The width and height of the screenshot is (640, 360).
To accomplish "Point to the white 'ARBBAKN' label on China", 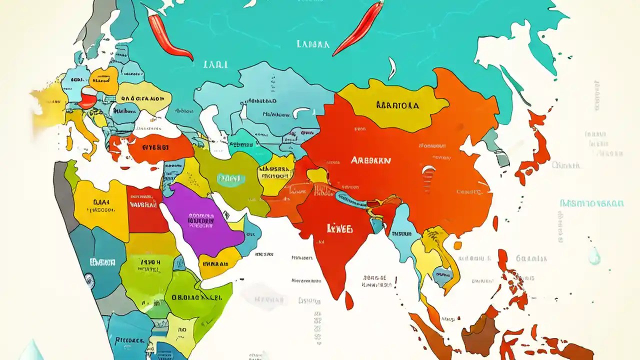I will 370,160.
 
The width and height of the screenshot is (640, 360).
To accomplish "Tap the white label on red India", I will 339,228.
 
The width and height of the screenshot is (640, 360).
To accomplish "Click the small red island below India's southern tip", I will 349,300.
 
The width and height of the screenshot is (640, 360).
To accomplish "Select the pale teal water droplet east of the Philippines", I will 594,256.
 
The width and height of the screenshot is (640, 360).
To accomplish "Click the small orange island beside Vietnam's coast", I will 457,245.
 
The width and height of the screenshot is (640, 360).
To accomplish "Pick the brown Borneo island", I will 480,335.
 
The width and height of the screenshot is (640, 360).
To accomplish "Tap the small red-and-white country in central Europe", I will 88,97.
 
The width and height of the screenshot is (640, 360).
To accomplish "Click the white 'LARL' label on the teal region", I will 215,64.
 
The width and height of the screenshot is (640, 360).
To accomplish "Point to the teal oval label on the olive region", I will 231,178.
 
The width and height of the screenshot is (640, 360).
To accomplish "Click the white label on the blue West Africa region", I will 102,261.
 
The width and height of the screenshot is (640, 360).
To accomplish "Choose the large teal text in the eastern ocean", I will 591,203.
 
